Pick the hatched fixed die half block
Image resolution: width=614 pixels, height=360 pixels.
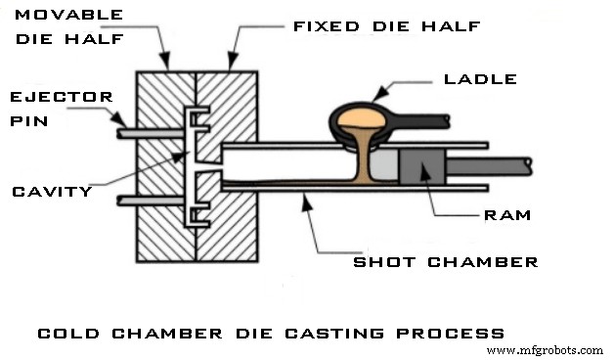pyautogui.click(x=230, y=235)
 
